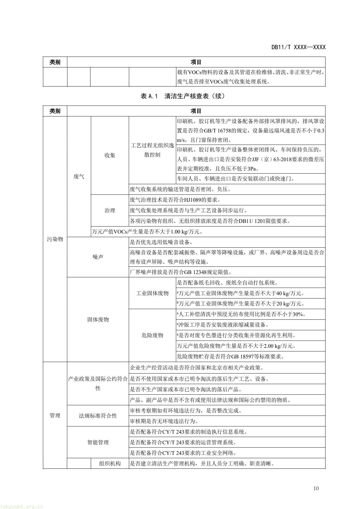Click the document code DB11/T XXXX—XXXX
click(298, 47)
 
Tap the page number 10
click(316, 488)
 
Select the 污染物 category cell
click(55, 239)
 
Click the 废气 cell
click(79, 177)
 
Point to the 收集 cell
click(110, 155)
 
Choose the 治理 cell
click(110, 210)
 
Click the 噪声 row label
click(98, 257)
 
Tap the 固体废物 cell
click(98, 319)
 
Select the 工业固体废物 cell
click(152, 293)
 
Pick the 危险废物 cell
click(152, 335)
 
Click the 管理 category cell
click(55, 416)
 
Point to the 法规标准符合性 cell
click(98, 416)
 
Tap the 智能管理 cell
click(98, 442)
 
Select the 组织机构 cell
click(110, 463)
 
